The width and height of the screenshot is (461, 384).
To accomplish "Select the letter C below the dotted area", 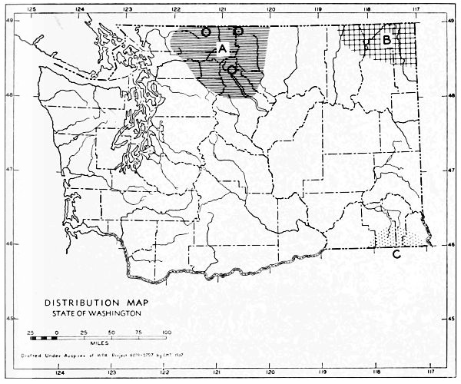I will [x=395, y=254].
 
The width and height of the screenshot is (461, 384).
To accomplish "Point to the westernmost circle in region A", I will [x=205, y=32].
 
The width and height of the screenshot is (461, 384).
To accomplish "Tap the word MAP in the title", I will [x=131, y=303].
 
